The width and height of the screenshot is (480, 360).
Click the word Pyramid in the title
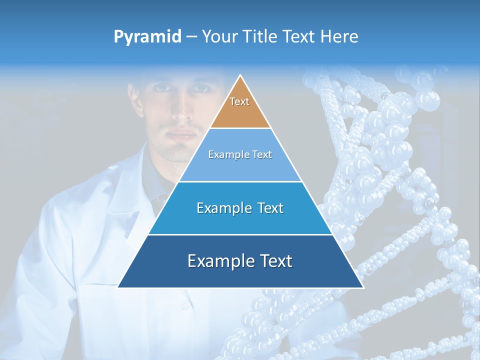(147, 37)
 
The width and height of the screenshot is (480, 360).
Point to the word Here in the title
(339, 36)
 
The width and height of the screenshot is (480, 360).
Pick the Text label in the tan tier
(239, 101)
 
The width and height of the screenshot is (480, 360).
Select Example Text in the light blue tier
(240, 154)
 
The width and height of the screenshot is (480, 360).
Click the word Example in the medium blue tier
(222, 208)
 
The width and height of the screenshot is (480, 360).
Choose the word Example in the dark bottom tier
(217, 261)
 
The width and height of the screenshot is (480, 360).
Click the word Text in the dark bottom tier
(273, 261)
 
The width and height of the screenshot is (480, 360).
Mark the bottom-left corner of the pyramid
(118, 287)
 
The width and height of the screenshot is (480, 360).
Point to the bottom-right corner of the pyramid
(363, 287)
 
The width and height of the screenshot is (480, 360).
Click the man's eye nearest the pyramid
(201, 88)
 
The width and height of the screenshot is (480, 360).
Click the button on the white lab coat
(185, 304)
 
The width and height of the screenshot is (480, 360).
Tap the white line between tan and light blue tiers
(240, 128)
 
